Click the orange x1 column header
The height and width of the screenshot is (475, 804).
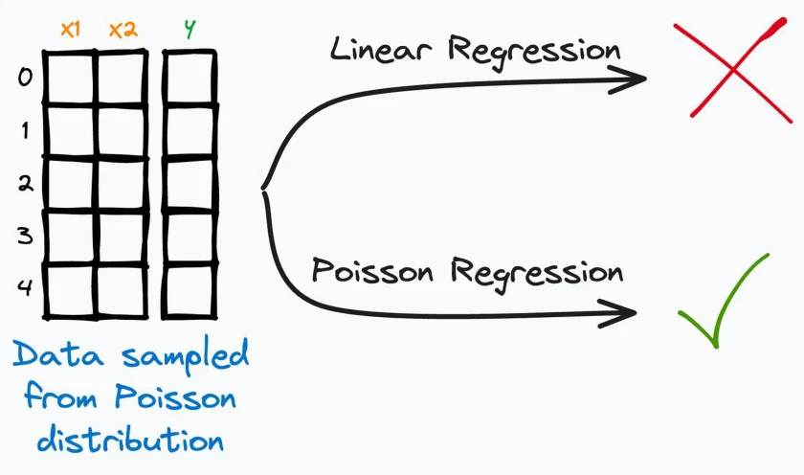71,30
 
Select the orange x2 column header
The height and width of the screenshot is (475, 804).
123,31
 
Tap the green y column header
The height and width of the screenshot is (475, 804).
190,30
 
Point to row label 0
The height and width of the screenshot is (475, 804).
25,78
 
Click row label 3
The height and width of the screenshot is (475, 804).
25,236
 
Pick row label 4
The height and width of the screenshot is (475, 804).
25,287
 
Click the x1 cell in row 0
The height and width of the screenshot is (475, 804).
70,79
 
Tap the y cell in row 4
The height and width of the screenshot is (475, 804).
190,290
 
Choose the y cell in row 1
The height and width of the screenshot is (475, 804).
190,131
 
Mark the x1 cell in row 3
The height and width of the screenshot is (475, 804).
70,237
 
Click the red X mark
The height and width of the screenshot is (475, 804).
733,70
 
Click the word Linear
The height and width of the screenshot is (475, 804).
381,49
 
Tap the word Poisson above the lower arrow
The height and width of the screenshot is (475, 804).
372,270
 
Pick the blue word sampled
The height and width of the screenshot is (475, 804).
186,356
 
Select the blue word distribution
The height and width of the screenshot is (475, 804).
130,440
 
